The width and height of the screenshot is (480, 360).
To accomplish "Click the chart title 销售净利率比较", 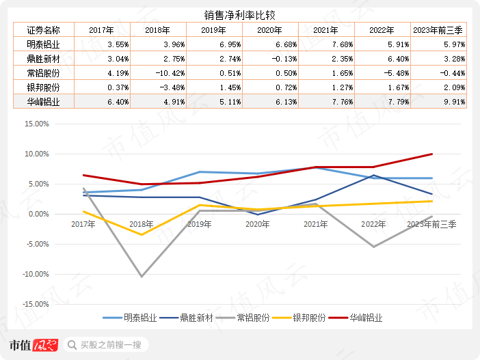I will click(239, 14).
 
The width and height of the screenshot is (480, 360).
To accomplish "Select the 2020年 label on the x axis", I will click(257, 223).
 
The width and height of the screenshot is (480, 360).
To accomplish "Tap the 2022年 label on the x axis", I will click(373, 223).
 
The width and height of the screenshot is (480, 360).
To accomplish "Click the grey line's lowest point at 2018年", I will click(142, 277).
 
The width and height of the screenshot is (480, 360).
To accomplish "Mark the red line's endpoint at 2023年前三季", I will click(431, 154).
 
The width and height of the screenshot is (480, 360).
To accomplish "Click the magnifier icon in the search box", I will click(71, 345).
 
